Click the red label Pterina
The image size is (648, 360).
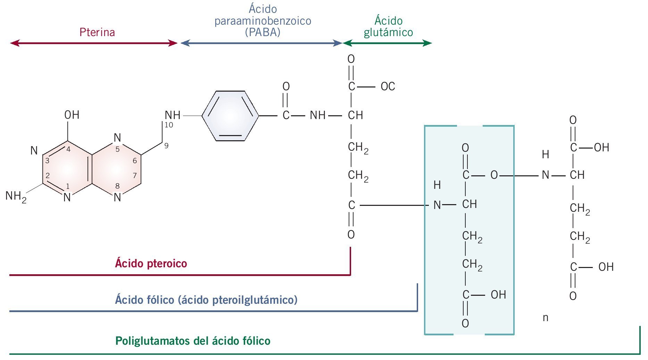(x=97, y=32)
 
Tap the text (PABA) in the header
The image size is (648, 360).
(x=263, y=32)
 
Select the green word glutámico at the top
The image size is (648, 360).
(x=388, y=32)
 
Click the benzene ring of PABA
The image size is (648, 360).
(x=230, y=116)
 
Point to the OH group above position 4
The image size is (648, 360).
(x=72, y=115)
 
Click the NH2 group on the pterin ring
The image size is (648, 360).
(x=16, y=196)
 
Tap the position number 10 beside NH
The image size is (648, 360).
(x=169, y=125)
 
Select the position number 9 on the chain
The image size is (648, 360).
(x=166, y=146)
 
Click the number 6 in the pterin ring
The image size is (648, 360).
(x=135, y=161)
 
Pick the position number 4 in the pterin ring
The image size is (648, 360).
(x=68, y=150)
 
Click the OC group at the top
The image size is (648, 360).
(x=388, y=86)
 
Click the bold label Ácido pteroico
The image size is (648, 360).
(x=151, y=263)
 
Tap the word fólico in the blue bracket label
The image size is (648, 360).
(x=160, y=300)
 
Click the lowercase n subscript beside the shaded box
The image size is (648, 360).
(x=545, y=318)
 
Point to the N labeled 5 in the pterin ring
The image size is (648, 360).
(x=117, y=138)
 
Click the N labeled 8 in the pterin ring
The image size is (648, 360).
(x=117, y=197)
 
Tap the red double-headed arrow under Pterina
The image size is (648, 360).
(x=94, y=43)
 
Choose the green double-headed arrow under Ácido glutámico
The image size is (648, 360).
(x=387, y=43)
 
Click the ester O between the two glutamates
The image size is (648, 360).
(x=494, y=175)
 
